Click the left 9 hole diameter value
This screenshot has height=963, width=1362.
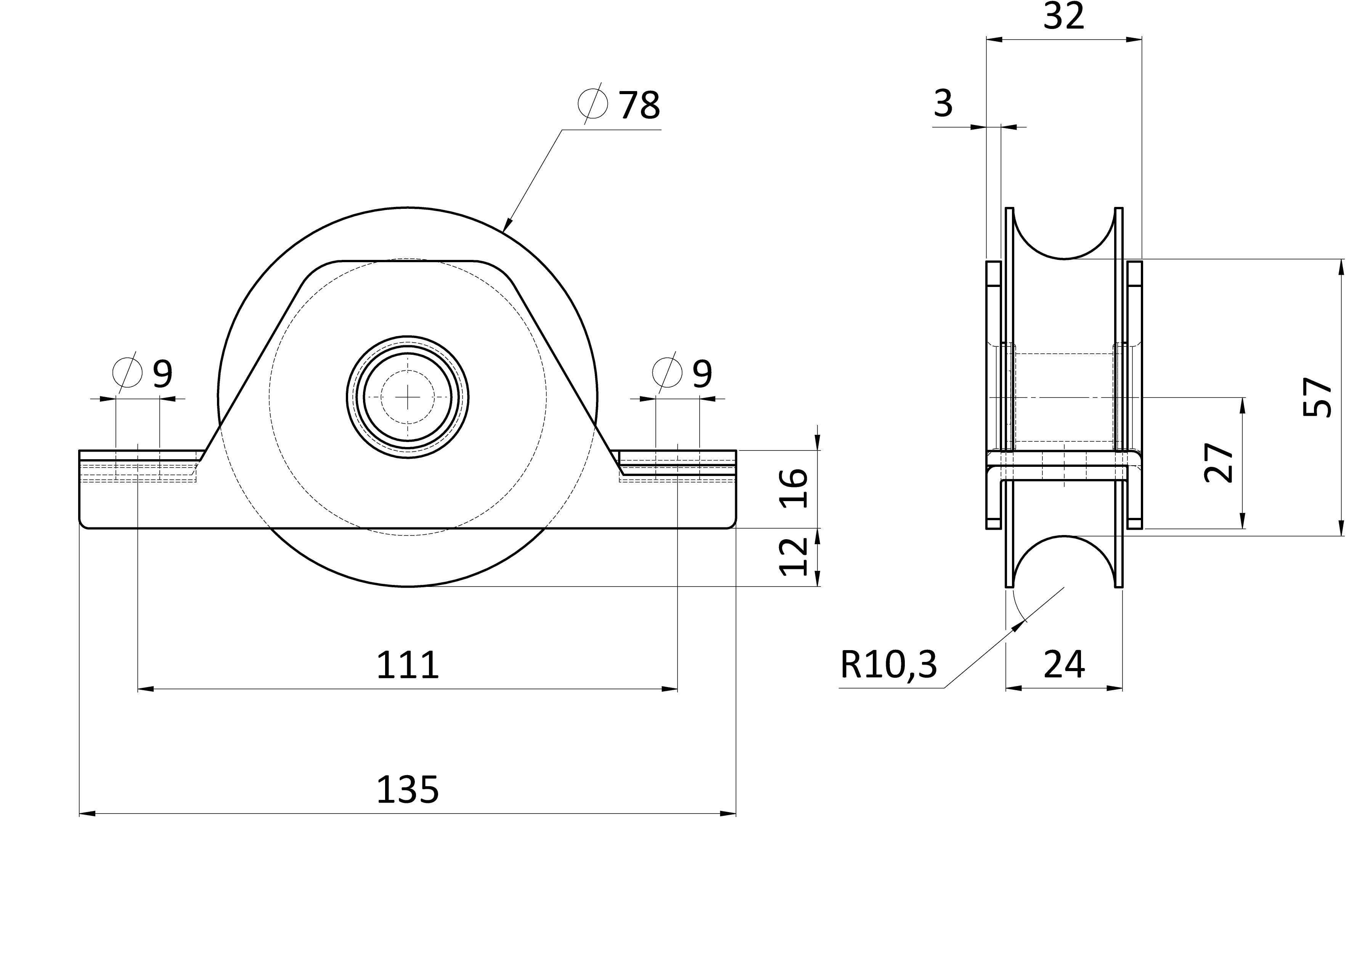pos(162,373)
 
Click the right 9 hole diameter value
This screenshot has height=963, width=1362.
pos(702,373)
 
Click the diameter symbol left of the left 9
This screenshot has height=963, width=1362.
pos(127,372)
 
